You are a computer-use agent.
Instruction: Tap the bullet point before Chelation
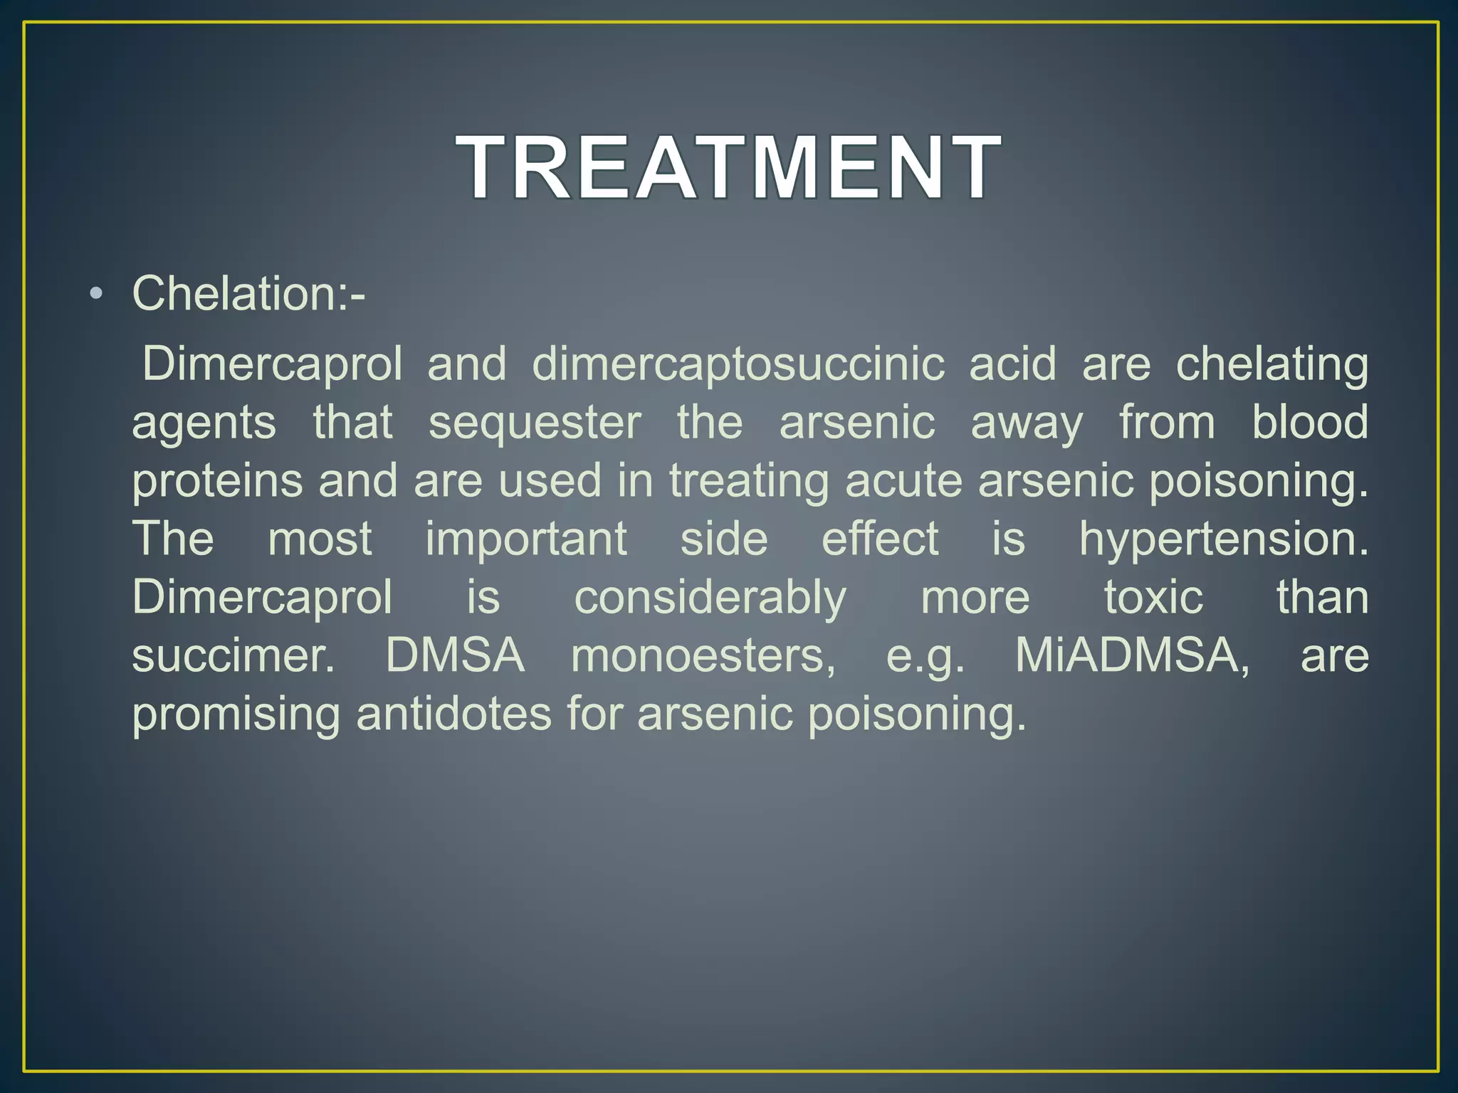pos(98,295)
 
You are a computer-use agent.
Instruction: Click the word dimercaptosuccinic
pos(738,364)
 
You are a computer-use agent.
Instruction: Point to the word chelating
pos(1271,364)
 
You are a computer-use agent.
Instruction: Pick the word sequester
pos(535,423)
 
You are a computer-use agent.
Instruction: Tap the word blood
pos(1310,423)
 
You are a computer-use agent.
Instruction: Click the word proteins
pos(217,481)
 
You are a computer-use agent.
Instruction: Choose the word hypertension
pos(1223,539)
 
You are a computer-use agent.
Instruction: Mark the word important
pos(526,539)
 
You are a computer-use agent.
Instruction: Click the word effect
pos(880,539)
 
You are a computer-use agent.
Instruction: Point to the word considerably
pos(710,598)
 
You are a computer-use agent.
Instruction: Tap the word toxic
pos(1153,597)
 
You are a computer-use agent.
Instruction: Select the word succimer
pos(233,655)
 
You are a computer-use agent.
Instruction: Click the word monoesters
pos(703,655)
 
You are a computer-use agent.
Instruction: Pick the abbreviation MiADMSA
pos(1132,655)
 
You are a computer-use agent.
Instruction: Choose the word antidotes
pos(453,714)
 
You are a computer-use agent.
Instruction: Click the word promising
pos(236,714)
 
